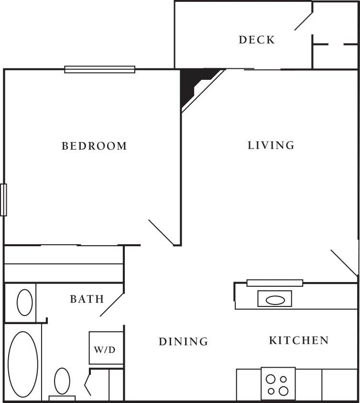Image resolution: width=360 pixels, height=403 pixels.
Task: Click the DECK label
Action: tap(257, 40)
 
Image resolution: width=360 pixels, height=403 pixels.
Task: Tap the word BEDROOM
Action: tap(95, 146)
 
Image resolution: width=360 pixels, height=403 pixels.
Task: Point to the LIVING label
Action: tap(271, 145)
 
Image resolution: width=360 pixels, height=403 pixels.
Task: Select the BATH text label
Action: tap(87, 299)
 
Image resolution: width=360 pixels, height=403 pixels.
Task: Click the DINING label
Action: tap(184, 341)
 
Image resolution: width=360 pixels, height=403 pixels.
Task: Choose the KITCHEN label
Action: tap(299, 340)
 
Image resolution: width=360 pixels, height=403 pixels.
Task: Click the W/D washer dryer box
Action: tap(104, 349)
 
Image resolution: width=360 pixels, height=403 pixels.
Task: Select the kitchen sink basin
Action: tap(275, 300)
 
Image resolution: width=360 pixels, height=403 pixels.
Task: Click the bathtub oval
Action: tap(23, 364)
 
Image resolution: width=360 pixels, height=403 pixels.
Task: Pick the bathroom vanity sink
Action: tap(25, 302)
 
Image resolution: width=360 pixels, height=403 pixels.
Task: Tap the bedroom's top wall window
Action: tap(100, 70)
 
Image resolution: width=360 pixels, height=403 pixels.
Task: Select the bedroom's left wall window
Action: tap(3, 199)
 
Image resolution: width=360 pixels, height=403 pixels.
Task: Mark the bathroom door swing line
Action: tap(112, 304)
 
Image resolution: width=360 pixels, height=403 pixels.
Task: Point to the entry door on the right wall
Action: tap(344, 263)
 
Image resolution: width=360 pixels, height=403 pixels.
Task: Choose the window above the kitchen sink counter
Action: tap(275, 283)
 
